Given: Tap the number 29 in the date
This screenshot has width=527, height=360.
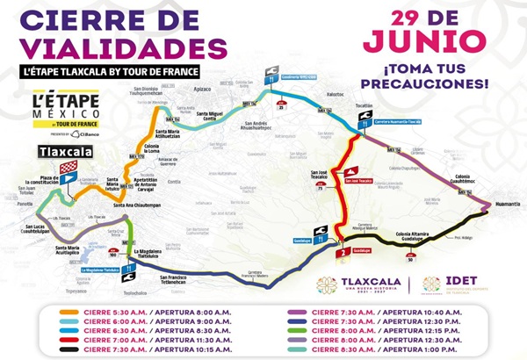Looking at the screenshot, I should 393,18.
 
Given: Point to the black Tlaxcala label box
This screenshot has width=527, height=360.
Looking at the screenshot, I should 59,151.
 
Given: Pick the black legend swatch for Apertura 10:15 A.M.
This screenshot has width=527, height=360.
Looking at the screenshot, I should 65,348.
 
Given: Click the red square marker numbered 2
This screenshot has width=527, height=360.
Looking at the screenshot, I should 339,254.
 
